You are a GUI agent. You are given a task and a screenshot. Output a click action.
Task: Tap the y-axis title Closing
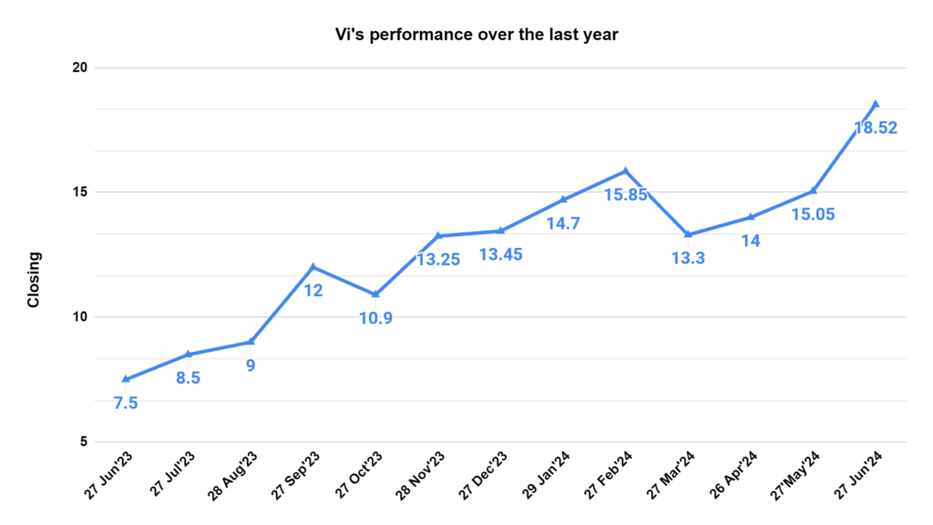pyautogui.click(x=34, y=280)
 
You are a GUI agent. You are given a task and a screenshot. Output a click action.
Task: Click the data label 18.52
pyautogui.click(x=875, y=129)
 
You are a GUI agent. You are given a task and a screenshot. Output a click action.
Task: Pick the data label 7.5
pyautogui.click(x=126, y=403)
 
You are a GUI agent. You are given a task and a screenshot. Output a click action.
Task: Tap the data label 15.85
pyautogui.click(x=625, y=194)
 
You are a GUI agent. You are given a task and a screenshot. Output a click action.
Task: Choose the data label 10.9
pyautogui.click(x=375, y=318)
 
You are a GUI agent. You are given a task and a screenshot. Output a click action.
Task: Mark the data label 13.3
pyautogui.click(x=688, y=258)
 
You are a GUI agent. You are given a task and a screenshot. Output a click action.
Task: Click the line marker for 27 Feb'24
pyautogui.click(x=626, y=170)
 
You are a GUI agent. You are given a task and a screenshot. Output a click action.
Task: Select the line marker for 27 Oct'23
pyautogui.click(x=375, y=294)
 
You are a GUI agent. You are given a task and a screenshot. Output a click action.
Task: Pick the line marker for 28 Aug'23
pyautogui.click(x=251, y=342)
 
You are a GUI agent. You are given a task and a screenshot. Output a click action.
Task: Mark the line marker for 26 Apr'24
pyautogui.click(x=751, y=217)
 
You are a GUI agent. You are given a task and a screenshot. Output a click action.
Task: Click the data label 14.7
pyautogui.click(x=563, y=222)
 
